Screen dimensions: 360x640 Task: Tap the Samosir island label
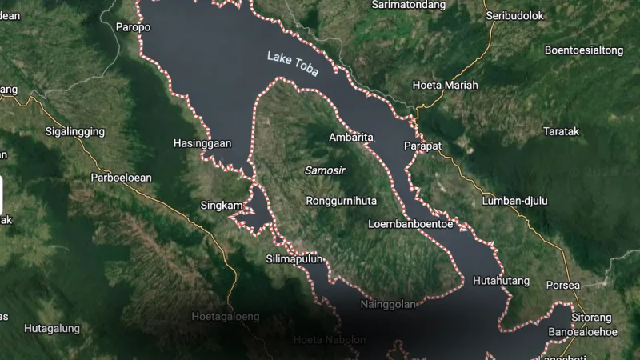(323, 170)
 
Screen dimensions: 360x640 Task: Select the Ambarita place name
(351, 138)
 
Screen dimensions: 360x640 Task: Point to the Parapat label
(423, 146)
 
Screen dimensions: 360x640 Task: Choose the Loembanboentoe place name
(410, 224)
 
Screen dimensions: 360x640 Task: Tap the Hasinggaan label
(202, 144)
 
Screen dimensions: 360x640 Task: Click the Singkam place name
(221, 206)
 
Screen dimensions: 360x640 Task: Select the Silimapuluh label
(294, 258)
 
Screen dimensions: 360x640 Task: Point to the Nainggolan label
(388, 304)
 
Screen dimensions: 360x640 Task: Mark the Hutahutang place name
(502, 281)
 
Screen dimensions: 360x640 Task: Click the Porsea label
(562, 286)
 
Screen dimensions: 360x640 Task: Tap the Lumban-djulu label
(515, 201)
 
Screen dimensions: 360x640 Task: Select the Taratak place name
(561, 131)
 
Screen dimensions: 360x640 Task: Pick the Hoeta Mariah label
(445, 85)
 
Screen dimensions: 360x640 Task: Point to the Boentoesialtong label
(583, 50)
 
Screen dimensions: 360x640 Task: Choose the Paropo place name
(133, 27)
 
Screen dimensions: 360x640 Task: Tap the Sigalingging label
(76, 130)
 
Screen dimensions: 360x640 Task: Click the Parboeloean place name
(121, 178)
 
